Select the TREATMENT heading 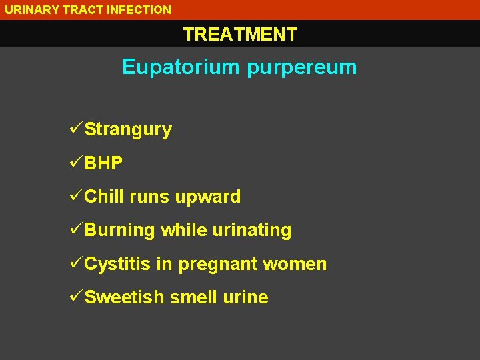coord(240,35)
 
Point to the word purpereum coord(302,67)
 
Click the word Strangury coord(128,129)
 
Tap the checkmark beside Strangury coord(75,129)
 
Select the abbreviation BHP coord(103,163)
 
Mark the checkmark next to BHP coord(75,163)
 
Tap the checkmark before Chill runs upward coord(75,196)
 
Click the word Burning coord(120,231)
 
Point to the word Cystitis coord(118,264)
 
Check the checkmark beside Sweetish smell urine coord(75,297)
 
